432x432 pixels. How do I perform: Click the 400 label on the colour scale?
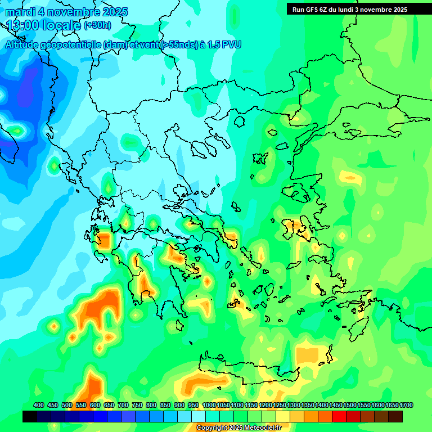[39, 405]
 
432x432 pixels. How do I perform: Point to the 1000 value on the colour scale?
[209, 405]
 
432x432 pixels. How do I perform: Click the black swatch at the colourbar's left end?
[30, 416]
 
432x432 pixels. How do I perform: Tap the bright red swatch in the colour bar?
[339, 416]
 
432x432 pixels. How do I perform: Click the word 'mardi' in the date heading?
[19, 12]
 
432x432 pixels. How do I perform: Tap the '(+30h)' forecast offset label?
[97, 25]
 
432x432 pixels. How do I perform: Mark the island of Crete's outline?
[247, 371]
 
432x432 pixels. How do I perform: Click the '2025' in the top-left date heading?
[115, 12]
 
